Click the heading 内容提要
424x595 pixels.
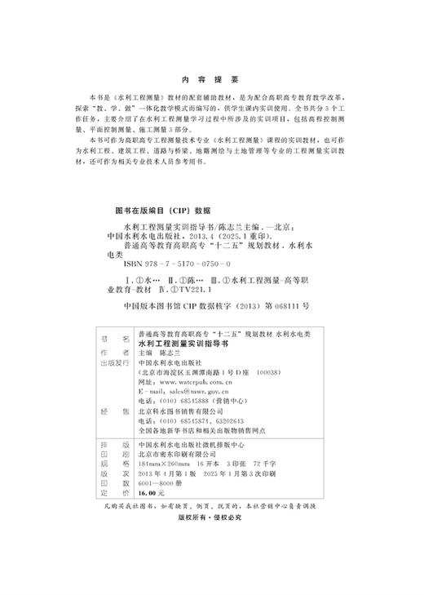coord(210,80)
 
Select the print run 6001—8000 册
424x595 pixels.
coord(166,482)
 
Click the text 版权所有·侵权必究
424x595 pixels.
coord(211,517)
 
